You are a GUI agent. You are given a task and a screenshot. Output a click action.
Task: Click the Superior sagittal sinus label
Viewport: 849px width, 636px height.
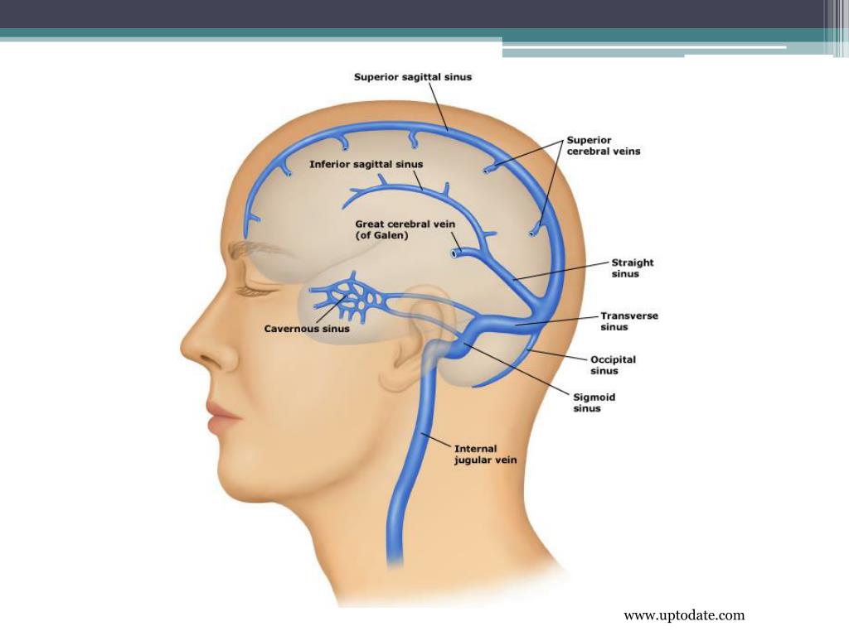(x=413, y=77)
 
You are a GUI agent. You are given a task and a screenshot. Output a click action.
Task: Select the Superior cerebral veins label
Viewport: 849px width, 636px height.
(x=603, y=146)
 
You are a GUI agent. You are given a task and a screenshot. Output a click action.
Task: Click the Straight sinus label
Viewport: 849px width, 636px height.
(x=632, y=267)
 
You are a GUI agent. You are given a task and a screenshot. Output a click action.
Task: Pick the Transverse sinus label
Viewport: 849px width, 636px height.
(x=629, y=321)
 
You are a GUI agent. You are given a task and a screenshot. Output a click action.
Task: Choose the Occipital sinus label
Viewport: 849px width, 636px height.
(x=613, y=365)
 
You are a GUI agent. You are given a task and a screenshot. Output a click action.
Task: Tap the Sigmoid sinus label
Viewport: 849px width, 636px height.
(x=594, y=402)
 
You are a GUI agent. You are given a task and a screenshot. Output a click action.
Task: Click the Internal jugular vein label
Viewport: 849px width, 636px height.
(x=485, y=455)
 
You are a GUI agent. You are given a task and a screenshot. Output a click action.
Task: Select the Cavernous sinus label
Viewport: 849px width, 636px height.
(x=307, y=329)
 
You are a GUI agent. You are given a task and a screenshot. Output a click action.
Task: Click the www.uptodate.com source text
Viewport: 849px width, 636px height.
(x=684, y=615)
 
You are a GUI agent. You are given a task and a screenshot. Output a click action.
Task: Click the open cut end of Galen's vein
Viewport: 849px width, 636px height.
(x=455, y=253)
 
